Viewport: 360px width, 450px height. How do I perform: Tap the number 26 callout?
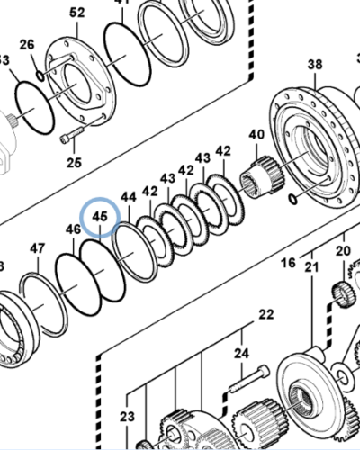27,45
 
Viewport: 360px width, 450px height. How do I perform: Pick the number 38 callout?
314,64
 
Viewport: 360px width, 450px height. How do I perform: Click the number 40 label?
256,135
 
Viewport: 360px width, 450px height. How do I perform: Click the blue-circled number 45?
99,217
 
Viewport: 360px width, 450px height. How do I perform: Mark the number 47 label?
37,248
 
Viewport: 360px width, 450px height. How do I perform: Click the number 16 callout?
288,263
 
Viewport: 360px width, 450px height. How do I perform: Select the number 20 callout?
342,250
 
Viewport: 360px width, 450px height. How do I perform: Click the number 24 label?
241,354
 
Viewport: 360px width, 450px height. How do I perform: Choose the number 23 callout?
127,417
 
